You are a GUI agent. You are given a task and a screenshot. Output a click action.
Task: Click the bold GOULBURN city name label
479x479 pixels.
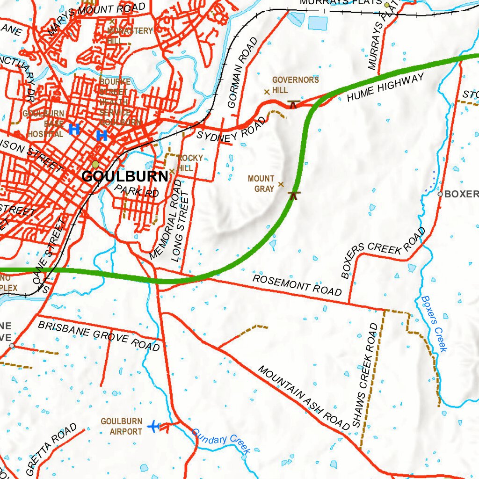pos(124,176)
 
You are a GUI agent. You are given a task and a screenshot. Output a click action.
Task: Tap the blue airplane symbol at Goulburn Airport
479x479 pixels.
pos(153,426)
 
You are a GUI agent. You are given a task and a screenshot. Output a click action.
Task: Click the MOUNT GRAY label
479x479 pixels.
pos(261,184)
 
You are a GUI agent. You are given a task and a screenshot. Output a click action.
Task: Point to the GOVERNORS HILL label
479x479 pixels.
pos(295,85)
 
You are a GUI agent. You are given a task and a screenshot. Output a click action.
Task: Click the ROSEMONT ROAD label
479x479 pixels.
pos(297,285)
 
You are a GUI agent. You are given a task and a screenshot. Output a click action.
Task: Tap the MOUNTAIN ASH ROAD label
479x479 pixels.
pos(304,398)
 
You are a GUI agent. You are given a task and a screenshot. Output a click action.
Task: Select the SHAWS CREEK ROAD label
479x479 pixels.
pos(365,375)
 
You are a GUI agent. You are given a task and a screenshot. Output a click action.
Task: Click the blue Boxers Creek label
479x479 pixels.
pos(434,323)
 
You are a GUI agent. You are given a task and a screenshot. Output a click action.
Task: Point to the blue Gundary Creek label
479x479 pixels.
pos(221,441)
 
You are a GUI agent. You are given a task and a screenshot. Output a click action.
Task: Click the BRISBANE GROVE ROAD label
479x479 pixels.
pos(99,335)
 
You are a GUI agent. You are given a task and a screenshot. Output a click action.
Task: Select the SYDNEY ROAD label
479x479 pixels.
pos(231,130)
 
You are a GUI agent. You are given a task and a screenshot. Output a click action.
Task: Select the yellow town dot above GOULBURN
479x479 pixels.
pos(95,164)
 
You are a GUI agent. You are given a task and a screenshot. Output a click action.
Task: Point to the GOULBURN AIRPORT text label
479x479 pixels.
pos(121,426)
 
